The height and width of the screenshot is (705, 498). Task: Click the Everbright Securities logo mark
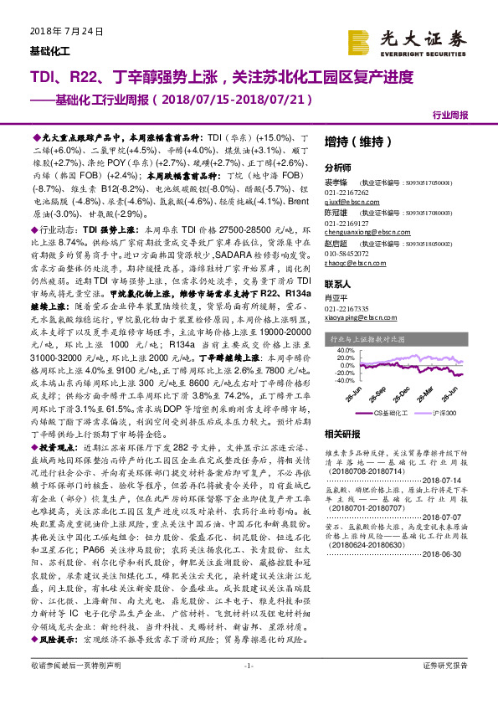click(x=360, y=41)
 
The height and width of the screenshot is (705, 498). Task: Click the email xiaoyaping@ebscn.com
click(x=356, y=317)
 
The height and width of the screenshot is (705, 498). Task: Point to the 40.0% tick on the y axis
click(x=344, y=350)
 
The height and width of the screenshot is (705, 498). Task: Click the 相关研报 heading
click(x=341, y=435)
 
